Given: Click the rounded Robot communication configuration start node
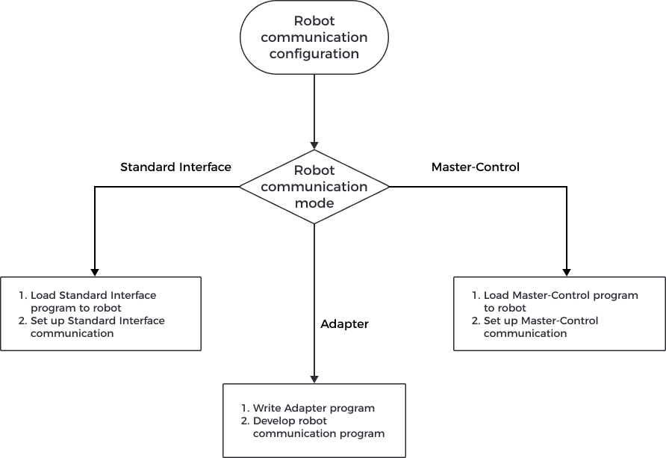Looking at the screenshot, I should [x=314, y=37].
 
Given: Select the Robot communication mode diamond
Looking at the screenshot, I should [x=314, y=187].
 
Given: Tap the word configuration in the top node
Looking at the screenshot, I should [x=314, y=54].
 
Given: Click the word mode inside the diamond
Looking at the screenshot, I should [x=314, y=202].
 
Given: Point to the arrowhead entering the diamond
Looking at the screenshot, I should [x=314, y=145].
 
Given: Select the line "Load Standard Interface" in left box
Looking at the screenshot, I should [x=93, y=295].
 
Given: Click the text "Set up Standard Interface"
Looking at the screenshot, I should [x=97, y=321].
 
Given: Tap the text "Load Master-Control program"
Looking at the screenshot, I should [x=561, y=295].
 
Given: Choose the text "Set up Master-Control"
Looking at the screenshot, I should [x=541, y=321].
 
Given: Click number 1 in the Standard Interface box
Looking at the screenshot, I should [x=22, y=295].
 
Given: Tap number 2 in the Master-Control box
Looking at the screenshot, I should [x=476, y=321].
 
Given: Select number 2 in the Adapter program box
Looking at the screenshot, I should [x=244, y=421].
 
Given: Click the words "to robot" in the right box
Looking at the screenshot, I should [x=505, y=308].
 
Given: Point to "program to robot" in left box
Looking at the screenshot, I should [x=75, y=308].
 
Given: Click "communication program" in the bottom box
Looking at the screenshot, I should [x=319, y=433].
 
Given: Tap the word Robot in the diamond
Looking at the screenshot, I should [x=314, y=170].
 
